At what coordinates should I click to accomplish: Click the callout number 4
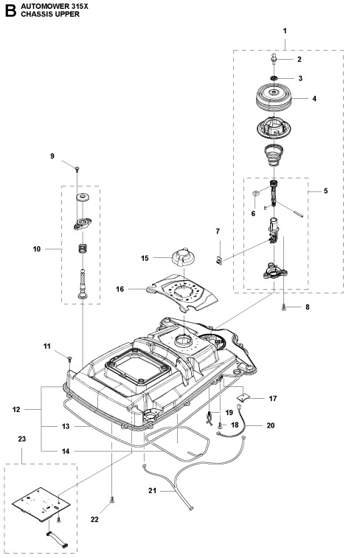tap(293, 97)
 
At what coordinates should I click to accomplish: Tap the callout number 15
tap(145, 257)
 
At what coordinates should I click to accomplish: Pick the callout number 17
tap(272, 399)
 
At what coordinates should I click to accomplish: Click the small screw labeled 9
tap(77, 170)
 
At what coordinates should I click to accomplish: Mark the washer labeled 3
tap(272, 77)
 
